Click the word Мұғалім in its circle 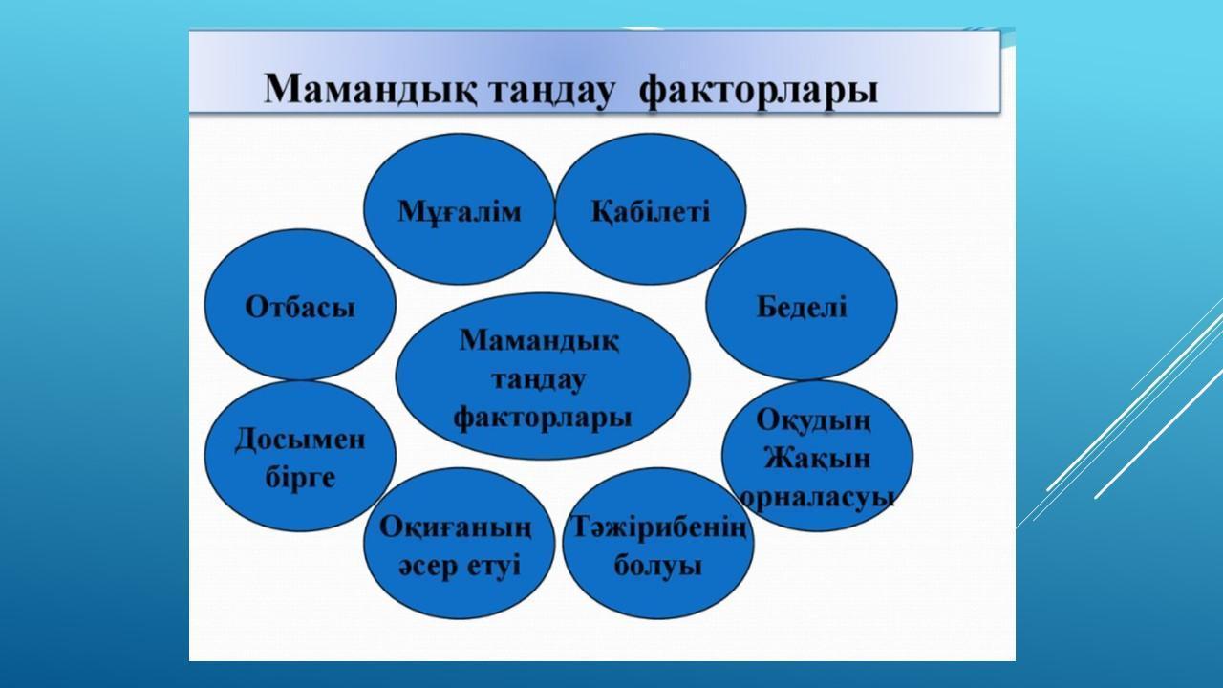(x=460, y=212)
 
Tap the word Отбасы (x=300, y=307)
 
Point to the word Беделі (x=802, y=307)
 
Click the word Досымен (x=300, y=440)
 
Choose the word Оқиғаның (x=456, y=528)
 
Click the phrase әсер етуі (x=460, y=566)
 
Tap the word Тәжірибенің (x=658, y=528)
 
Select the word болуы (x=658, y=565)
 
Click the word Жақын (x=817, y=458)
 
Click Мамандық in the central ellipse (x=540, y=341)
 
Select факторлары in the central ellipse (x=543, y=419)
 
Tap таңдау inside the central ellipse (x=538, y=380)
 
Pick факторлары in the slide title (x=759, y=91)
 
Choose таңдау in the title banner (x=551, y=91)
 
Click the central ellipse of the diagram (x=543, y=376)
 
